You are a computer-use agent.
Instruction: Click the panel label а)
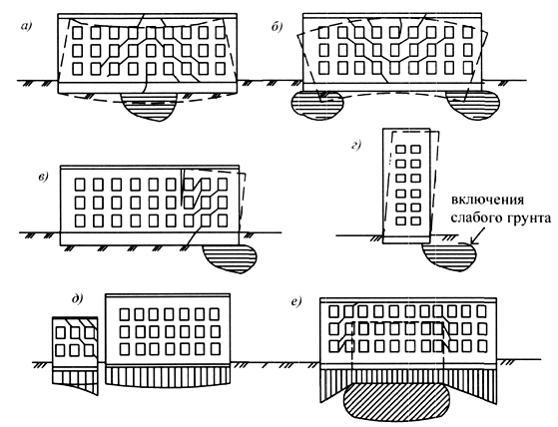point(27,26)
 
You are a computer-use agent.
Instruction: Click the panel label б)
point(277,27)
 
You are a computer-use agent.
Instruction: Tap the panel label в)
point(43,177)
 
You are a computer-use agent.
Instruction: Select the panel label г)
point(356,145)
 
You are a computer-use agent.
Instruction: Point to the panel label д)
point(78,299)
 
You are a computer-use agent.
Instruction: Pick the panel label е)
point(296,302)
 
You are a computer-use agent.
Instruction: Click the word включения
point(487,200)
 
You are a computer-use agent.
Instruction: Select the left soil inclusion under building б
point(317,105)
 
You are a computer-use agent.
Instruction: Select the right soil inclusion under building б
point(472,105)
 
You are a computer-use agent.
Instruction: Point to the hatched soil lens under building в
point(230,258)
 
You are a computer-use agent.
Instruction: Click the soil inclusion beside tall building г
point(449,257)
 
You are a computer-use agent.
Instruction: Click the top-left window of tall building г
point(400,149)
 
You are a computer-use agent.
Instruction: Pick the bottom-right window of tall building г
point(415,220)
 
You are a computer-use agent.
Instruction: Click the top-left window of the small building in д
point(60,333)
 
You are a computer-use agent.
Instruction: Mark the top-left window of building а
point(78,33)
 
